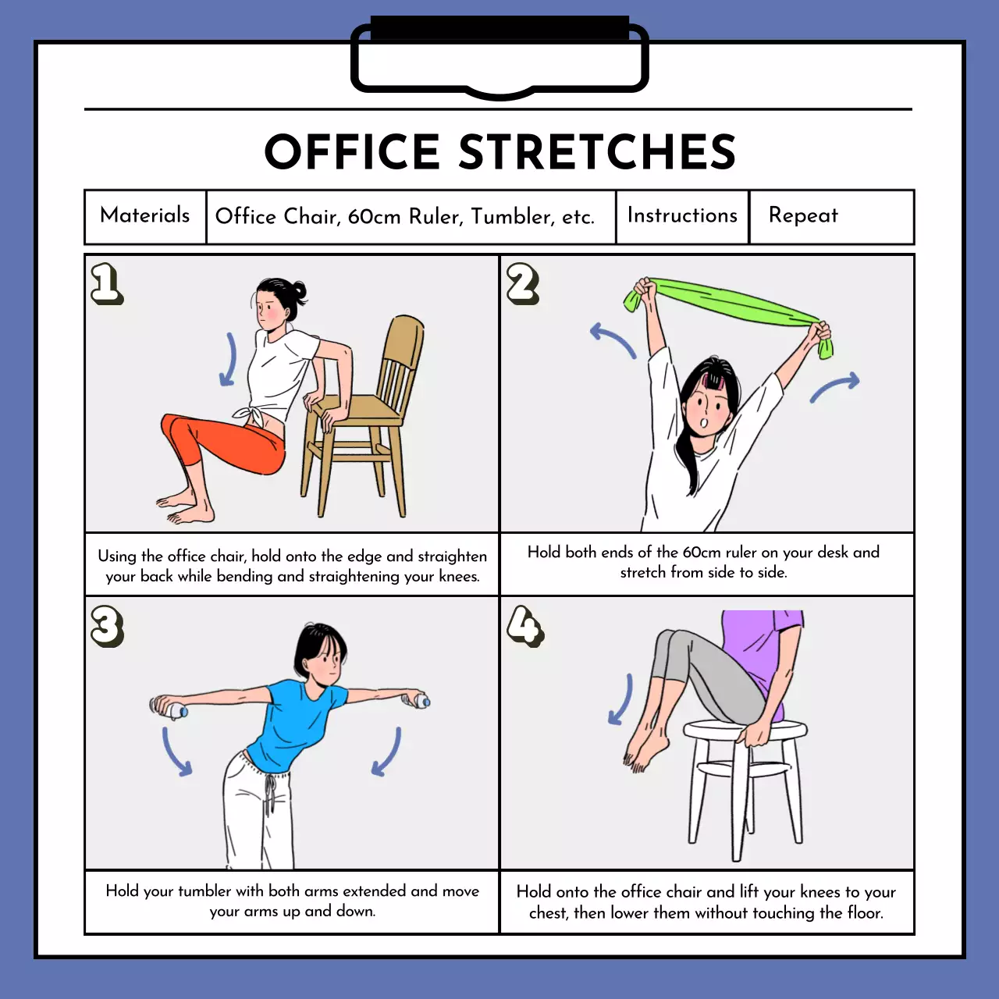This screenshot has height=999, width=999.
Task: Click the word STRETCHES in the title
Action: click(x=597, y=151)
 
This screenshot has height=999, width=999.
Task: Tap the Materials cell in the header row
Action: click(x=145, y=217)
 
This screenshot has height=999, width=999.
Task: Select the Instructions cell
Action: click(x=682, y=217)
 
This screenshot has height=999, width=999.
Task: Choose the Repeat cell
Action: click(x=831, y=217)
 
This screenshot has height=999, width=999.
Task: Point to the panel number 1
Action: click(x=107, y=283)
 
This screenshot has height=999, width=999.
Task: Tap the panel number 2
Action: click(x=523, y=283)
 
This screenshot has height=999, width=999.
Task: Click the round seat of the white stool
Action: click(x=745, y=729)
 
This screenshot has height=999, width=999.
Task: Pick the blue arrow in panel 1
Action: click(x=229, y=359)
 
